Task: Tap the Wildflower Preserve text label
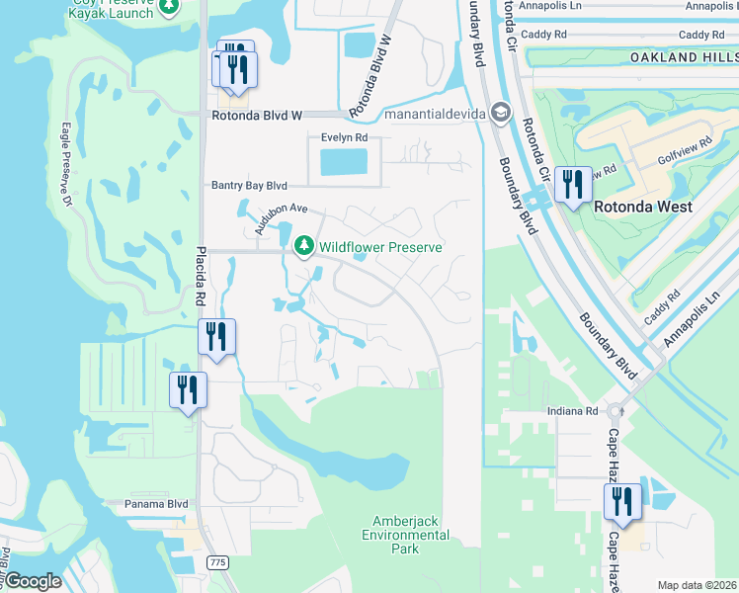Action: click(380, 246)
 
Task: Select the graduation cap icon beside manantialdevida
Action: click(501, 115)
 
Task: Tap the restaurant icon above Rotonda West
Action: click(572, 185)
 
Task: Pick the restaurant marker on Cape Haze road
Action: click(622, 502)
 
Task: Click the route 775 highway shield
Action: click(217, 561)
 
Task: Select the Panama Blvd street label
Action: click(156, 503)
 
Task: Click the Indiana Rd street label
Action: click(573, 410)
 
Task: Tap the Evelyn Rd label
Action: click(344, 138)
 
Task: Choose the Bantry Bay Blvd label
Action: click(249, 185)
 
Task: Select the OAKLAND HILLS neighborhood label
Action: click(684, 58)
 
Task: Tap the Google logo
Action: click(32, 581)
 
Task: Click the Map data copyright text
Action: click(697, 585)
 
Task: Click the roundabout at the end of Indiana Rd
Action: click(615, 410)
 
